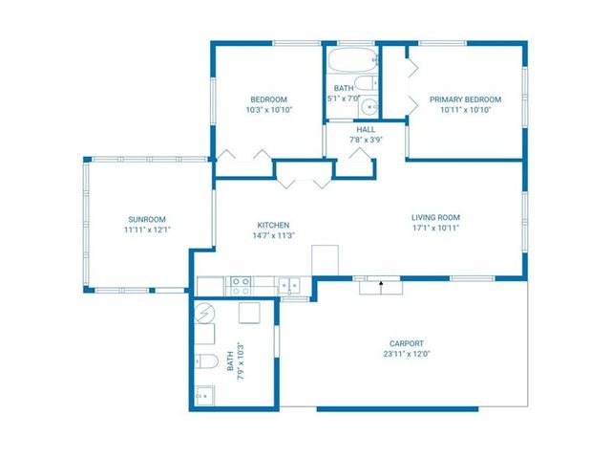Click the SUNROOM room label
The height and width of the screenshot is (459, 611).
147,219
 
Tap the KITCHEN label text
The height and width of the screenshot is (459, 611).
273,226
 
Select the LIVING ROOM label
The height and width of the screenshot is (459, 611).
435,217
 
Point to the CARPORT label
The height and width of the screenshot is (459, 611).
407,343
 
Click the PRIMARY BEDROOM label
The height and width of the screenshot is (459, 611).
465,99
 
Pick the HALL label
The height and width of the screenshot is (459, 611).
366,130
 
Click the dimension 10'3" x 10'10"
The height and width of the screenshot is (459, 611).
269,110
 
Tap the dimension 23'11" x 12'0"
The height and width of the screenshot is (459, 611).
407,354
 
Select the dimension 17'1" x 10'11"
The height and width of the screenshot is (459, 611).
435,228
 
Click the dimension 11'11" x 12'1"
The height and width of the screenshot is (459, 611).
147,229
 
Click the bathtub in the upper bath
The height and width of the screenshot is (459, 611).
352,59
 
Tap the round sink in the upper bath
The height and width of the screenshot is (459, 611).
369,106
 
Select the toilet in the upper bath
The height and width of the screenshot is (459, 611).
367,83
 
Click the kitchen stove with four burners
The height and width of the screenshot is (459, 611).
240,286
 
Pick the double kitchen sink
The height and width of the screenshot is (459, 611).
289,285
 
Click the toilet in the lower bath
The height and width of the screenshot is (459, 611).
206,361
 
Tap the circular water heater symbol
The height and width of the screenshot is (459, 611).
204,313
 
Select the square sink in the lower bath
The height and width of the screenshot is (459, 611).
204,395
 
